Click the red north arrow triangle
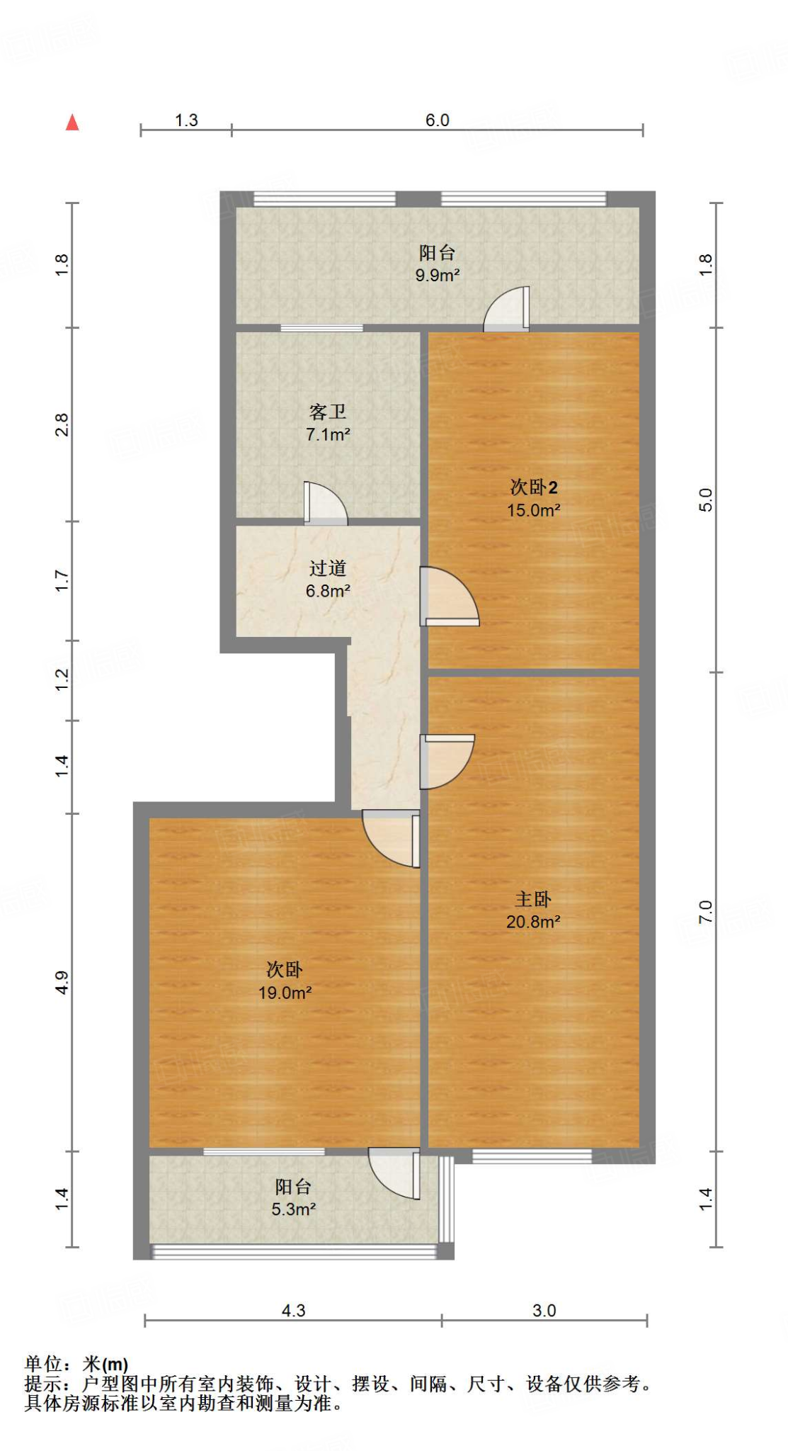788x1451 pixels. pyautogui.click(x=72, y=123)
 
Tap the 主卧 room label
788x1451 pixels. pyautogui.click(x=532, y=899)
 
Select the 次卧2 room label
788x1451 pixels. pyautogui.click(x=534, y=487)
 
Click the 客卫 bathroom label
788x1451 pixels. pyautogui.click(x=327, y=412)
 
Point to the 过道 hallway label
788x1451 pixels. pyautogui.click(x=327, y=568)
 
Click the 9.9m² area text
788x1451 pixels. pyautogui.click(x=438, y=276)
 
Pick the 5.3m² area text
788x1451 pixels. pyautogui.click(x=293, y=1209)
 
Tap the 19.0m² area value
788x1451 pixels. pyautogui.click(x=285, y=993)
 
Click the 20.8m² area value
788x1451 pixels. pyautogui.click(x=533, y=922)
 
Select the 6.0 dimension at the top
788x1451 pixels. pyautogui.click(x=438, y=120)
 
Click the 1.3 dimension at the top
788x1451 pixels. pyautogui.click(x=186, y=120)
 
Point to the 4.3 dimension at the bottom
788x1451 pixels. pyautogui.click(x=293, y=1311)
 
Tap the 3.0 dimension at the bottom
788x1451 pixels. pyautogui.click(x=544, y=1311)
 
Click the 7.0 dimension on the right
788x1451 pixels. pyautogui.click(x=706, y=912)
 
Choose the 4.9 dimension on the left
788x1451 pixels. pyautogui.click(x=62, y=982)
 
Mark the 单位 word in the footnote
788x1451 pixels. pyautogui.click(x=43, y=1364)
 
